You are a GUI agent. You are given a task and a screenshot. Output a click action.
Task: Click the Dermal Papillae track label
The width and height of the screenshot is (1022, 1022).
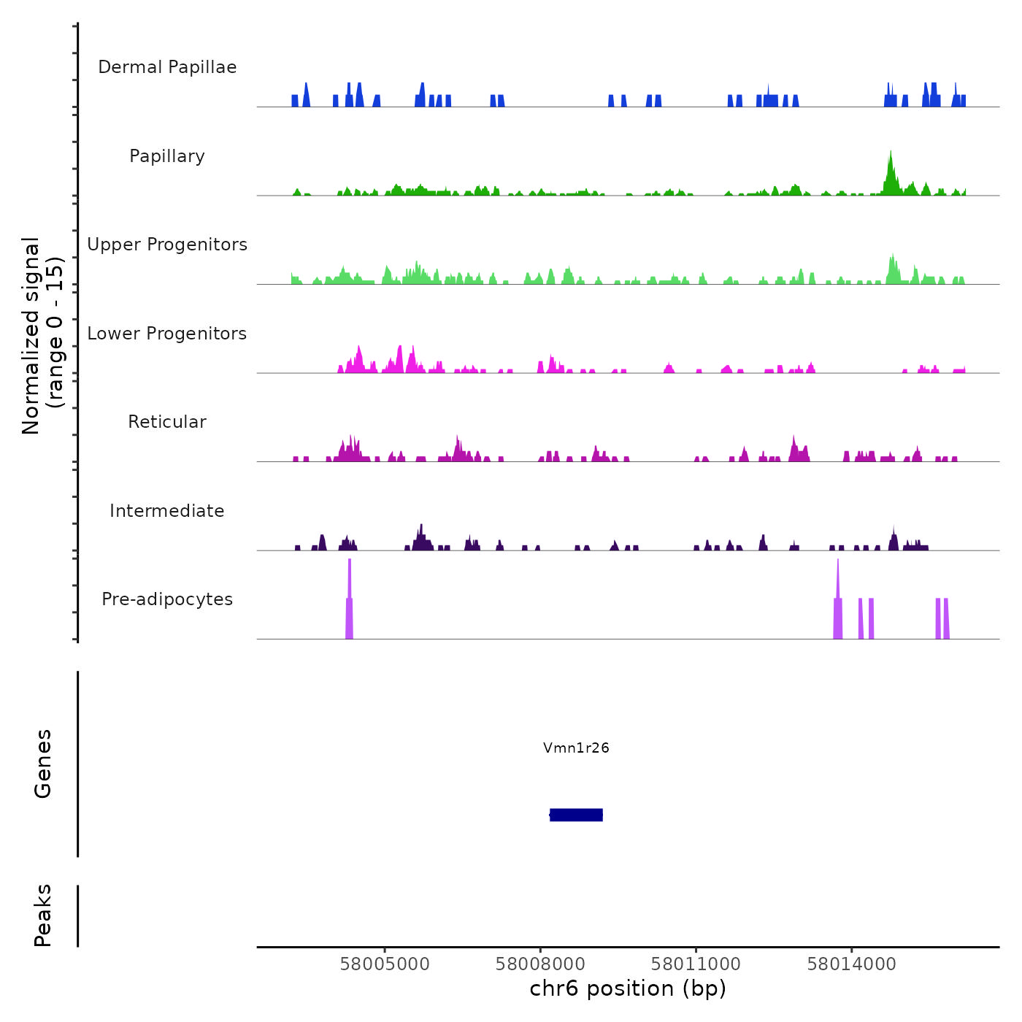click(x=167, y=67)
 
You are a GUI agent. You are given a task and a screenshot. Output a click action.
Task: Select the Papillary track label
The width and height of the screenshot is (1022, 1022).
click(x=167, y=156)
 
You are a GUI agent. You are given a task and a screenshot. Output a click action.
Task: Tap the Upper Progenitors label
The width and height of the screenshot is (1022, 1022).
click(x=167, y=245)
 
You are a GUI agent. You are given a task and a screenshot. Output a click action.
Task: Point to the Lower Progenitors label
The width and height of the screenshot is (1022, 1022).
click(x=167, y=334)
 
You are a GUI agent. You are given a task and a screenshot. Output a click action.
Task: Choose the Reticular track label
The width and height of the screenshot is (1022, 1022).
click(x=167, y=422)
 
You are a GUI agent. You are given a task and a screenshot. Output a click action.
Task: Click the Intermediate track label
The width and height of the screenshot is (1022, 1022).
click(x=167, y=511)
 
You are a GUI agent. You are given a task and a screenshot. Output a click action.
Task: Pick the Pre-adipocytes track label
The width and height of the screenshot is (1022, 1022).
click(x=167, y=599)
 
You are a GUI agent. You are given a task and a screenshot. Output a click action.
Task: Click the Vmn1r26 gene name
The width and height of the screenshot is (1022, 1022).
click(x=576, y=748)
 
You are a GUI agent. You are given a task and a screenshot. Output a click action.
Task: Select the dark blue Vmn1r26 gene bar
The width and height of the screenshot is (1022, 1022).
click(x=576, y=815)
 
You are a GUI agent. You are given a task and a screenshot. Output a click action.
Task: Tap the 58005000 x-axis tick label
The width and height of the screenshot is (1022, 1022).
click(x=385, y=964)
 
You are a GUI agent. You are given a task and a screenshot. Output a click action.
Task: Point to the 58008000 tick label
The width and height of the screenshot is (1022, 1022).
click(x=540, y=964)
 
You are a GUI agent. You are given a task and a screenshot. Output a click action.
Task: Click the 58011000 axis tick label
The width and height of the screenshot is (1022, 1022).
click(x=696, y=964)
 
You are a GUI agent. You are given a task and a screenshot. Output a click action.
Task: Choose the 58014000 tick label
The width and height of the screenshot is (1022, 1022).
click(x=851, y=964)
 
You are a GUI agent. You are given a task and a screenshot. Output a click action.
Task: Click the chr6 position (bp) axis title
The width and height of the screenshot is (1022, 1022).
click(x=628, y=989)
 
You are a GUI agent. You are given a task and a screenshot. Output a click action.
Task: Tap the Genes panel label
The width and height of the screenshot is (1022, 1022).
click(x=43, y=764)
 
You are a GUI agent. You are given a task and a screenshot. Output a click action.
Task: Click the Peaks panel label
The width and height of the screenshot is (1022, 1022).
click(x=43, y=915)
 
